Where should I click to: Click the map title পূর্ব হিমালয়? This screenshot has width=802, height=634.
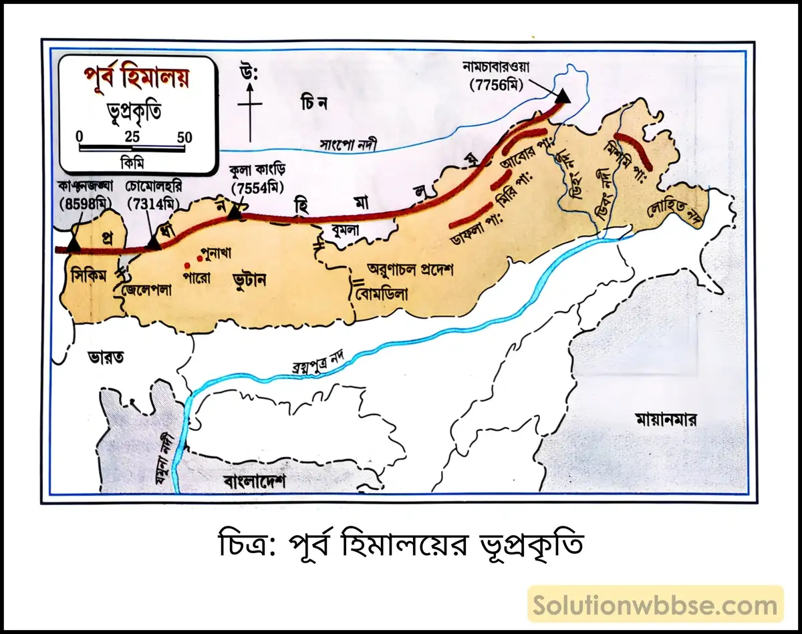click(x=136, y=79)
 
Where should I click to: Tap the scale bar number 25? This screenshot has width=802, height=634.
click(x=132, y=137)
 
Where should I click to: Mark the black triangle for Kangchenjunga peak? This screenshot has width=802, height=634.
click(x=73, y=244)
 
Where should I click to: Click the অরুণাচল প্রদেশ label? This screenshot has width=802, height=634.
click(x=410, y=269)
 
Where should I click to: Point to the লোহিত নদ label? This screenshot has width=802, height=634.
click(x=675, y=212)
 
